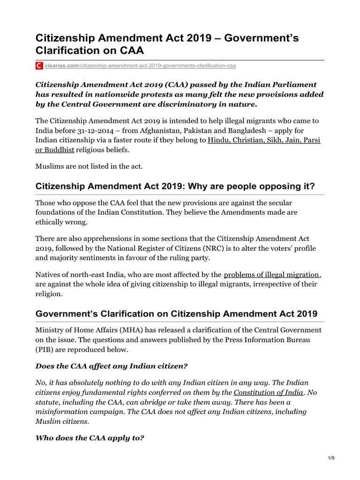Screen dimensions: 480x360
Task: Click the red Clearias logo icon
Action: click(x=39, y=66)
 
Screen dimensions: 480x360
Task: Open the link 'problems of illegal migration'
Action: click(x=272, y=275)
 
